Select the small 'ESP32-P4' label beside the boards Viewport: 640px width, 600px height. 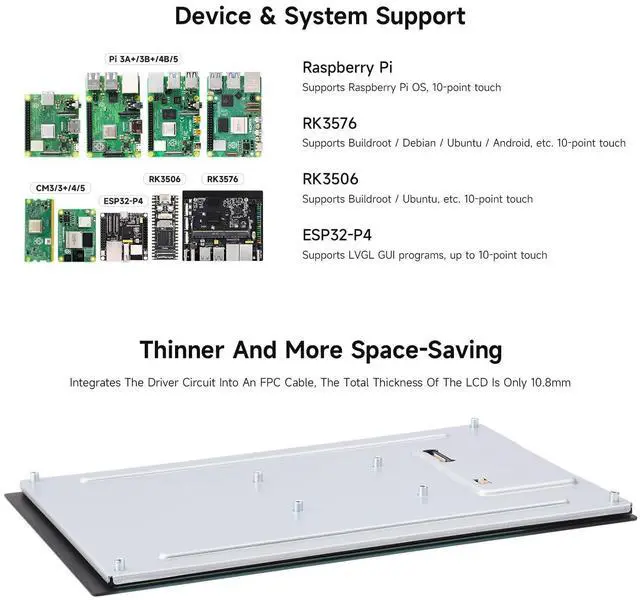click(123, 200)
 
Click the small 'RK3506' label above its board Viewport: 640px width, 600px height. click(165, 179)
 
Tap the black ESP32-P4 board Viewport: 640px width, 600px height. click(123, 234)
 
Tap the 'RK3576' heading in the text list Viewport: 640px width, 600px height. click(329, 123)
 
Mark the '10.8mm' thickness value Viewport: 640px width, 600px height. click(549, 383)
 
